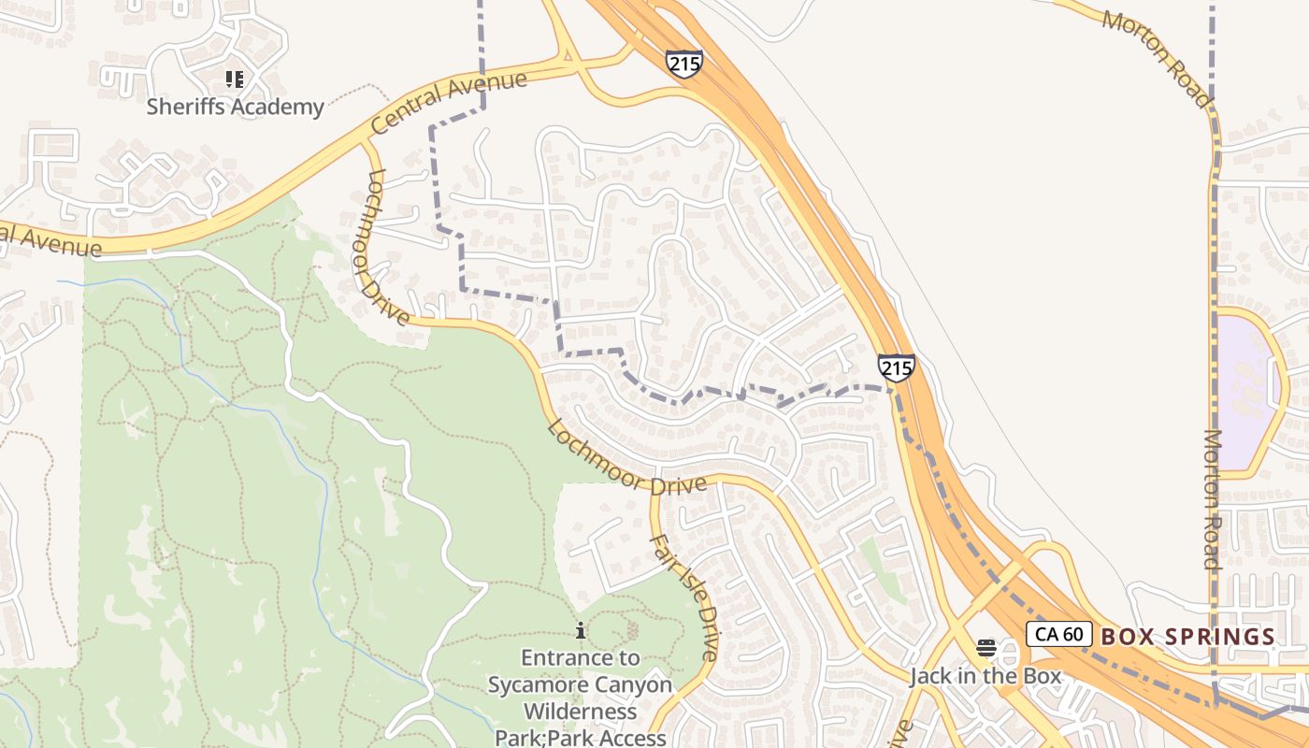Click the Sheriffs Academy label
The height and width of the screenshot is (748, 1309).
pos(235,107)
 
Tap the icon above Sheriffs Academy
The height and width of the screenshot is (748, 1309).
pos(235,79)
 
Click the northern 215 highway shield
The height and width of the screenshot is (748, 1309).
pos(683,64)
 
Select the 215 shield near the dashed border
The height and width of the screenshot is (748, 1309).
pos(896,367)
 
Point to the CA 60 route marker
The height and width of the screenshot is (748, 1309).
pos(1058,634)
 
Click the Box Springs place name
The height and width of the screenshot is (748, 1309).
pos(1187,637)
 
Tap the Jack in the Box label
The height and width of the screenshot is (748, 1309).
pos(985,676)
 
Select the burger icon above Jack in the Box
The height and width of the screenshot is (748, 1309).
pos(985,647)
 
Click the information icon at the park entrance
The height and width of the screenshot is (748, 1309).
pos(581,631)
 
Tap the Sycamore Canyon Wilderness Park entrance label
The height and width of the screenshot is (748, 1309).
pos(580,698)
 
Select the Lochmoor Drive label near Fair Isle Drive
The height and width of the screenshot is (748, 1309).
pos(625,459)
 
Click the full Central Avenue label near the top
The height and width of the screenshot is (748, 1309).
pos(449,103)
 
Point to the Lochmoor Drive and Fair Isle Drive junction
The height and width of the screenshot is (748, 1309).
pos(655,482)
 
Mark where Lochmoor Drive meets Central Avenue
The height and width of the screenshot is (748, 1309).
pos(366,144)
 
